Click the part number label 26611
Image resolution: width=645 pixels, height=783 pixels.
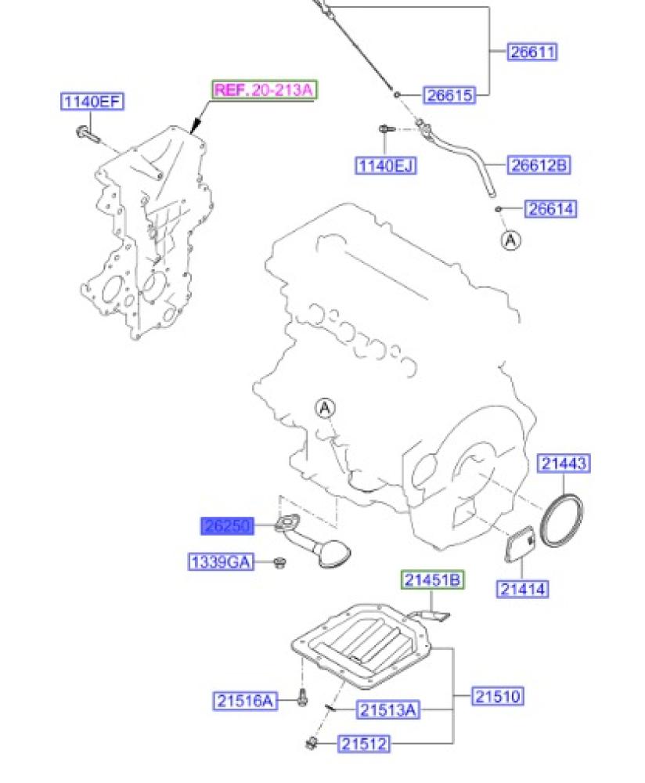[x=532, y=52]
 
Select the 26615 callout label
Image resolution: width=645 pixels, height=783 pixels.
[x=449, y=96]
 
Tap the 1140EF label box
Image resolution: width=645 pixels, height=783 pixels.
[x=93, y=102]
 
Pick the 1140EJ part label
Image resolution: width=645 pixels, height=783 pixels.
[x=385, y=165]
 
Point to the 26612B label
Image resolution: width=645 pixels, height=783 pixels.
[x=537, y=165]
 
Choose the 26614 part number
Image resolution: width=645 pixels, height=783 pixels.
[x=551, y=209]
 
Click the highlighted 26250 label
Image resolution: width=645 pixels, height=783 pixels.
[x=229, y=526]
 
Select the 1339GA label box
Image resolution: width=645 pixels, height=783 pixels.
[x=221, y=561]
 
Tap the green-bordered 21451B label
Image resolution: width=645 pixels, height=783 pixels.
[x=433, y=580]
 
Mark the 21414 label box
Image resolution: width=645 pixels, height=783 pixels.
[x=522, y=589]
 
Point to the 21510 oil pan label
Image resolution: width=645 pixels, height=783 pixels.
[x=497, y=695]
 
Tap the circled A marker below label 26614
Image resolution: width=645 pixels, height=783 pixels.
[x=510, y=240]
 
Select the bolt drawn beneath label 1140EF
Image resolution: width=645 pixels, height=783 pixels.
[x=87, y=135]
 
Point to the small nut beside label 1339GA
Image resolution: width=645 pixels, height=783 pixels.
[x=279, y=562]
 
